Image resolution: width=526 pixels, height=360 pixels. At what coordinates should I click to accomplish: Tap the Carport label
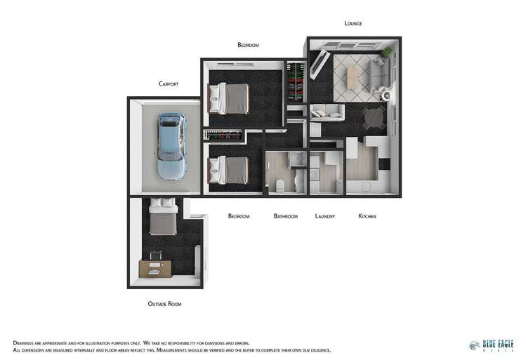coord(169,84)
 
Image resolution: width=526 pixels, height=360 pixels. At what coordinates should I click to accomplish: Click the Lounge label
coord(353,23)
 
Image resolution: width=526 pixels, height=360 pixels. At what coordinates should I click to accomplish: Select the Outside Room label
coord(165,304)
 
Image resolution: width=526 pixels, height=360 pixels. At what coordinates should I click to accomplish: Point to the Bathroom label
coord(286,216)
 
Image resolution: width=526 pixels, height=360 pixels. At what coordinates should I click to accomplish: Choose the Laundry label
coord(325,216)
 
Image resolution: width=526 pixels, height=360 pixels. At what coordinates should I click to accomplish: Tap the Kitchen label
coord(367,216)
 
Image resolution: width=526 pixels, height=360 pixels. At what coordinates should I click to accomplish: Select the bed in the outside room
coord(164,218)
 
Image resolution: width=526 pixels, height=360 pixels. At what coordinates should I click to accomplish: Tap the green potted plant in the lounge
coord(386,52)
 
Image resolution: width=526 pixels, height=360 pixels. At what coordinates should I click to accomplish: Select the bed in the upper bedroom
coord(230,98)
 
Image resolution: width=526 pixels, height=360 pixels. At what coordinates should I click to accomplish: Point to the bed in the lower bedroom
coord(230,169)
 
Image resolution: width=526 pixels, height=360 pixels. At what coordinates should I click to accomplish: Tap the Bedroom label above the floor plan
coord(248,45)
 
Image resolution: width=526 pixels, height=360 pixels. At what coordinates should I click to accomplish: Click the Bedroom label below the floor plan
coord(239,216)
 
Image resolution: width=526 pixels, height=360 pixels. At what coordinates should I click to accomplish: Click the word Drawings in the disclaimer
coord(25,342)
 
